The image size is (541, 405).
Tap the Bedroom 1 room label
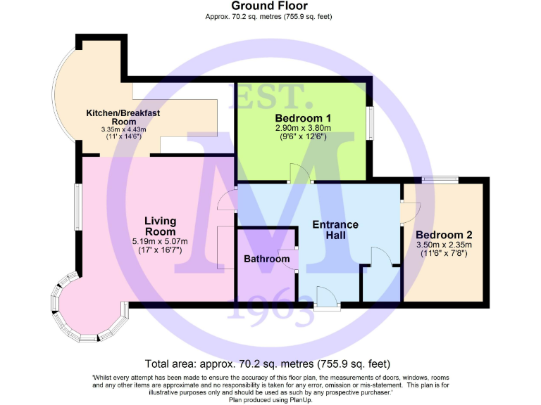coord(303,117)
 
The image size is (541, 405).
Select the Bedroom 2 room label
coord(443,235)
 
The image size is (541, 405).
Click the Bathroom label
coord(266,259)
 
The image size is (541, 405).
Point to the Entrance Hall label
coord(335,230)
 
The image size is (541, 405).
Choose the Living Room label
coord(160,226)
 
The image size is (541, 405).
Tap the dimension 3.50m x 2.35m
coord(443,245)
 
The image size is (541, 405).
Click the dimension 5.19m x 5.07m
coord(160,241)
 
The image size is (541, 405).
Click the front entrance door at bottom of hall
coord(326,298)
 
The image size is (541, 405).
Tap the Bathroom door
coord(290,259)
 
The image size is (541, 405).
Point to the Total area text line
coord(267,364)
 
